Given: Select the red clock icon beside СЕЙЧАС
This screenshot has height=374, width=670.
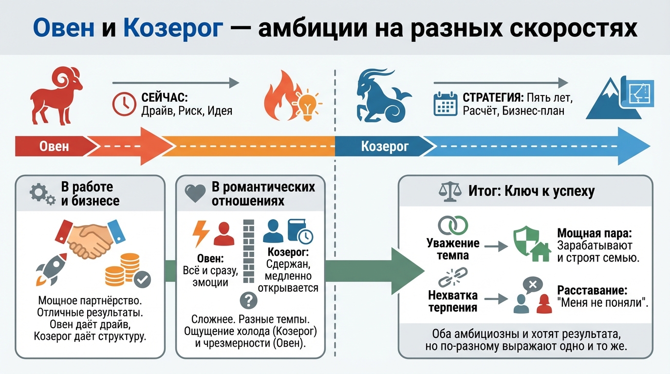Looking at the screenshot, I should [x=124, y=104].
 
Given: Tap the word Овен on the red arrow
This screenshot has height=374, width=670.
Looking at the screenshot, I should [x=54, y=146].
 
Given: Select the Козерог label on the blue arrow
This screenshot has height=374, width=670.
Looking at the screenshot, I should [x=385, y=146].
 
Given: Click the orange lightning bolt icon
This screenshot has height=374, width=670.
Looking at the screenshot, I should [x=201, y=233].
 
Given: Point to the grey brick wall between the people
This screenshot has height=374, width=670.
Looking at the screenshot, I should [x=248, y=251].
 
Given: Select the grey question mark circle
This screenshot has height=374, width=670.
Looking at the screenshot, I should [x=248, y=300].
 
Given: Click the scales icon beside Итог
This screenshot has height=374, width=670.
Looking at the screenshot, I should [x=449, y=191].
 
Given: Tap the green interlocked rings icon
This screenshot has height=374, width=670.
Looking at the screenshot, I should [x=453, y=225].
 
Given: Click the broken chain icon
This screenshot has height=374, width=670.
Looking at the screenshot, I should [x=453, y=278].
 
